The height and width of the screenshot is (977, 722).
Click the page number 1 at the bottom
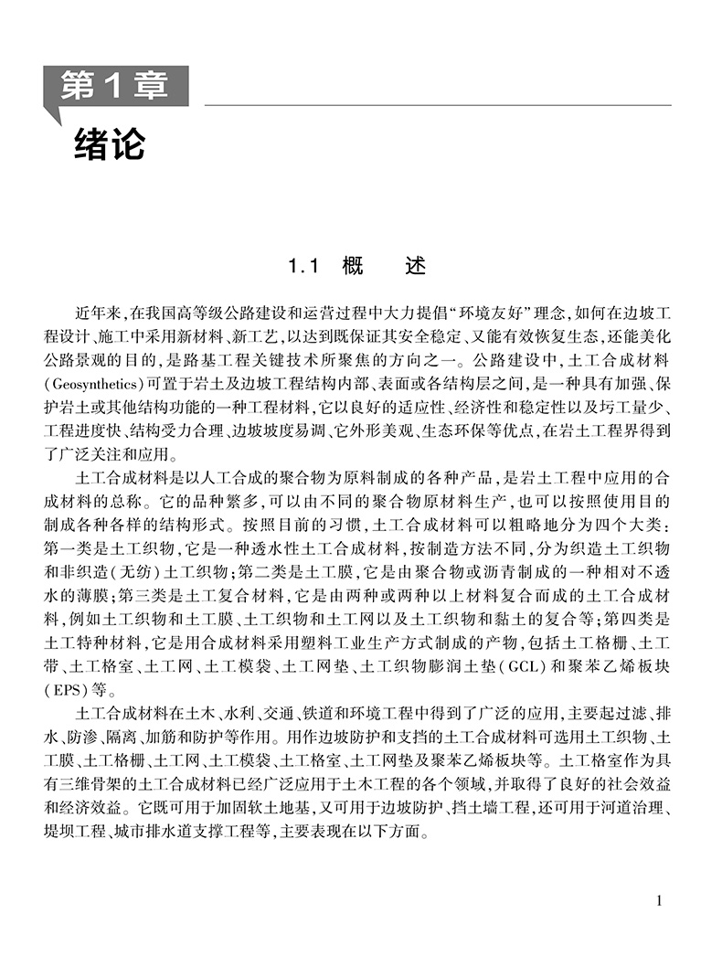point(660,901)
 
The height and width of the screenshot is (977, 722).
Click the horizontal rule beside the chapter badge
point(430,105)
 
